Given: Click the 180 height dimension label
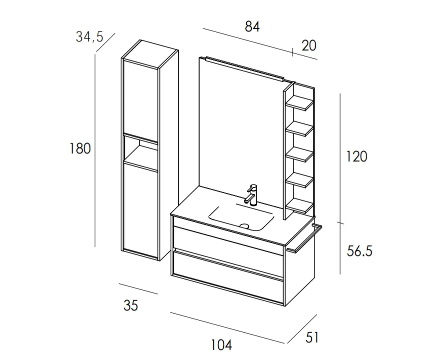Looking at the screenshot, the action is [x=80, y=148].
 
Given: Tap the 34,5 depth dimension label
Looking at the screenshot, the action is [x=89, y=37].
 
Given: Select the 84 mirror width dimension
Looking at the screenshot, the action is [x=252, y=26].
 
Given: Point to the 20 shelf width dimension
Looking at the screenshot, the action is [x=309, y=46].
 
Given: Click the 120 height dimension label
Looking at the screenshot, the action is [x=357, y=156].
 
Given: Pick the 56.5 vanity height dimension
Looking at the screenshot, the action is [x=360, y=251].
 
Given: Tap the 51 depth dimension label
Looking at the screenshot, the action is [x=312, y=337].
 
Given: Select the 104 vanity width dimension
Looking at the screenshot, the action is [x=221, y=345].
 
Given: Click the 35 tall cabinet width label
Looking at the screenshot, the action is [x=131, y=305].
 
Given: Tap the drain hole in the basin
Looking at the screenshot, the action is [x=244, y=226].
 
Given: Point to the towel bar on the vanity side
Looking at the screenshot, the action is [x=305, y=239].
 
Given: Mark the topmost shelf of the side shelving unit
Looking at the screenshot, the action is [x=300, y=104].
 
